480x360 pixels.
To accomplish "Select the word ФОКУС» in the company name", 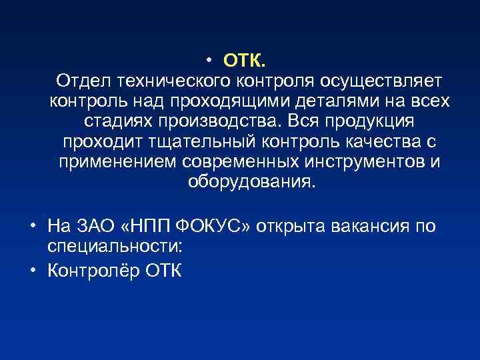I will (x=222, y=227).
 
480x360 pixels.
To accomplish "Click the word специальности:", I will (x=115, y=247).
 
